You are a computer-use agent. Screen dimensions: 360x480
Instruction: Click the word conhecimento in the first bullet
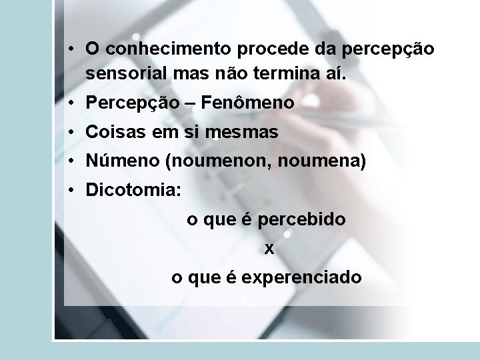click(167, 49)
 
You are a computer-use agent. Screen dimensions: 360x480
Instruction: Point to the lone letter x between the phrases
click(269, 249)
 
